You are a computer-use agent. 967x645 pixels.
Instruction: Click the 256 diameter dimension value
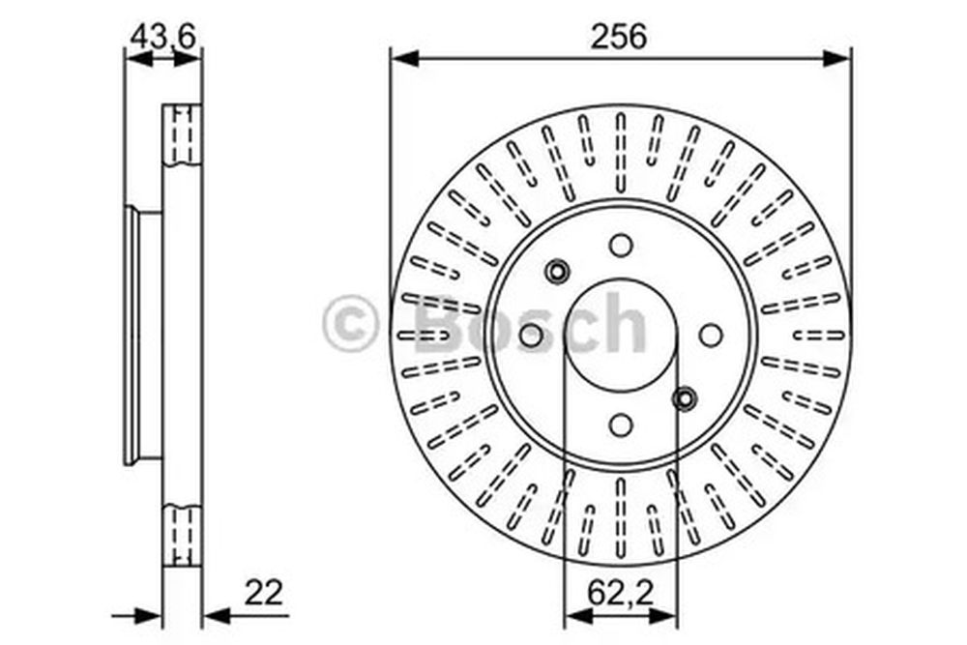(619, 36)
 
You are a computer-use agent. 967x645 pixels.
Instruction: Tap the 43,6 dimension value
(162, 36)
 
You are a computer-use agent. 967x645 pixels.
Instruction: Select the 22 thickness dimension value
(263, 593)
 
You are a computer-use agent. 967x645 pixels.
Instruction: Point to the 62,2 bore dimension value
(620, 593)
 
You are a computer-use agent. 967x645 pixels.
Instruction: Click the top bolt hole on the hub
(621, 245)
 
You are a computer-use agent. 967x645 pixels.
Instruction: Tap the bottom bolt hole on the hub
(621, 425)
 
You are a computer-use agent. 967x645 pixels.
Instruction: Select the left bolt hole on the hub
(531, 335)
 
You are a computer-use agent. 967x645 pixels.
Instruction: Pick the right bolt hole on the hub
(711, 335)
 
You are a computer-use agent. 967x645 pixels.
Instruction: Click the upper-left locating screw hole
(558, 271)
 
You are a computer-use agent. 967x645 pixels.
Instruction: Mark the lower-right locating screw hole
(685, 399)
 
